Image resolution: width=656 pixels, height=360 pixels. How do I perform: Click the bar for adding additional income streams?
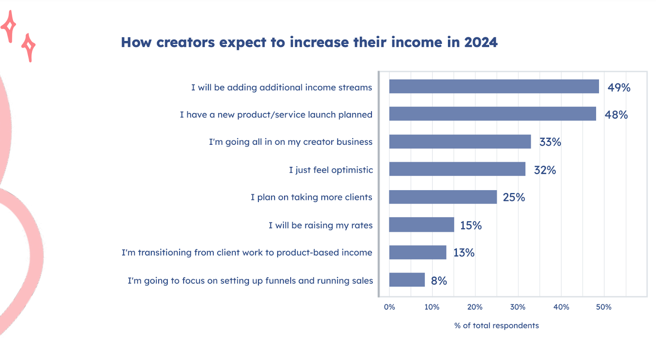point(494,87)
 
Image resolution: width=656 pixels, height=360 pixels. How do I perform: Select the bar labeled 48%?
point(492,114)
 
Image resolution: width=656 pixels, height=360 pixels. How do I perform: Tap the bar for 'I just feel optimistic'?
point(457,169)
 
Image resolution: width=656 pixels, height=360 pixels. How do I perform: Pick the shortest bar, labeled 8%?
point(407,280)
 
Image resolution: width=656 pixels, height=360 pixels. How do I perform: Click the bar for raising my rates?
point(421,225)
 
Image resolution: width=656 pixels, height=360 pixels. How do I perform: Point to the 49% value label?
point(619,87)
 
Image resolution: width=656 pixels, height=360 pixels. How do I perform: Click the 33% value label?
point(550,142)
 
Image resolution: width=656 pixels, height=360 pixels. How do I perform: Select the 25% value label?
point(514,197)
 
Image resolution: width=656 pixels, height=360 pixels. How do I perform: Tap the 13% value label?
point(464,253)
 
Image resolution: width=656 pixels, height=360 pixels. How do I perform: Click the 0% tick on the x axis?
point(389,307)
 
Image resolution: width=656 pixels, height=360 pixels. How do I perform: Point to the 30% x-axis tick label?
point(518,307)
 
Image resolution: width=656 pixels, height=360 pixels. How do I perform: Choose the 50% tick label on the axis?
point(604,307)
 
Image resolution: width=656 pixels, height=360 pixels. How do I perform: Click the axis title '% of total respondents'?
point(497,326)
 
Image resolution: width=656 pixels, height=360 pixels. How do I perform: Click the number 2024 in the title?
point(481,42)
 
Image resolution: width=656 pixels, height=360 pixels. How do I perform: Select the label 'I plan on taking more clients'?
point(311,197)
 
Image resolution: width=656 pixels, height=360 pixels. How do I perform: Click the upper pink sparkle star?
point(9,26)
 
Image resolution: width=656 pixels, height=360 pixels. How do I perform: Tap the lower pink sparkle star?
point(29,47)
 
